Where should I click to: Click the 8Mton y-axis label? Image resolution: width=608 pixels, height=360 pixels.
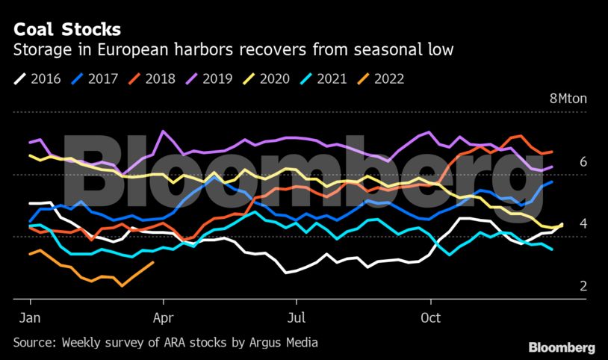point(568,99)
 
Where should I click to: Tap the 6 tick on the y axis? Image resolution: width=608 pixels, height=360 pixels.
point(583,162)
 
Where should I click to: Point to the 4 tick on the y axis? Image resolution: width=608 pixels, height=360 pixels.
point(583,224)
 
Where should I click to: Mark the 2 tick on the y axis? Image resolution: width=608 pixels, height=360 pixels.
point(583,286)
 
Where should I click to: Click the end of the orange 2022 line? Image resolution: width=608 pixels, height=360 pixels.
point(153,262)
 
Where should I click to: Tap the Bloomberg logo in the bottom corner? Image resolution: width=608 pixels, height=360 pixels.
point(562,347)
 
